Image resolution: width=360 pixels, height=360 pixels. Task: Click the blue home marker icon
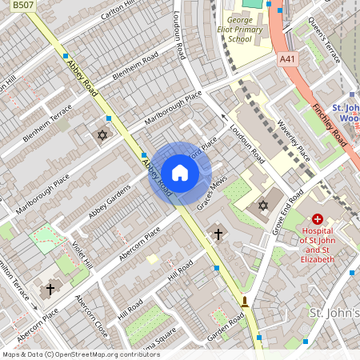(x=180, y=173)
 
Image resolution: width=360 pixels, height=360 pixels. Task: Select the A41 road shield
(x=287, y=59)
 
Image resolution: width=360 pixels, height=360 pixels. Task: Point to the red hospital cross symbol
(x=318, y=218)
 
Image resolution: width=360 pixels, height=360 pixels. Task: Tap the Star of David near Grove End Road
(x=262, y=206)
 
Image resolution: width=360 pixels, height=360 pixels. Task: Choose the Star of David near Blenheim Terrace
(x=102, y=135)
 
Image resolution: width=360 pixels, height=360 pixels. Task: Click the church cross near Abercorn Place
(x=218, y=234)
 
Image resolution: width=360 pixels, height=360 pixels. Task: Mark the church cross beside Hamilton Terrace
(x=50, y=288)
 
